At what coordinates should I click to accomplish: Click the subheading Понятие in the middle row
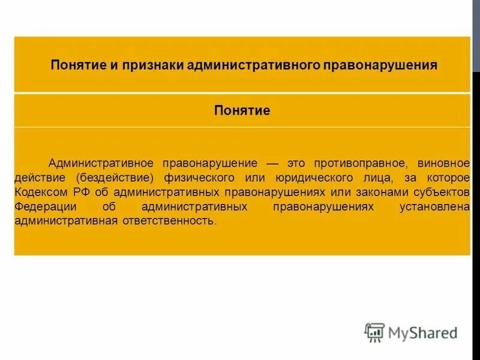coord(242,110)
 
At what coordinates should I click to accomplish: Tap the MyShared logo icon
coord(374,332)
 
